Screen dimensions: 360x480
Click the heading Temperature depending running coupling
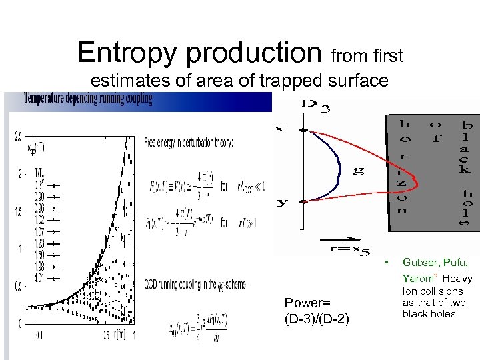88,99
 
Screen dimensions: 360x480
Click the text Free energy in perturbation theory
189,143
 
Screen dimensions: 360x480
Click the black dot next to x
303,129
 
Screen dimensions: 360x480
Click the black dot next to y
303,201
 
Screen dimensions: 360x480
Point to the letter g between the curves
359,171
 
